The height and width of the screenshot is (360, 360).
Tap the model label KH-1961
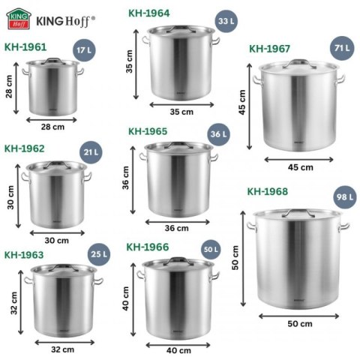tap(25, 46)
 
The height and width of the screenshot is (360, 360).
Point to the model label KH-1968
tap(265, 191)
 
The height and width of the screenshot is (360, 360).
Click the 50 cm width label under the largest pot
tap(299, 323)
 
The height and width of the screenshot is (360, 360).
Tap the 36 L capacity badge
tap(218, 135)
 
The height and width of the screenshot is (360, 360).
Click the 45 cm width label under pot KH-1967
tap(301, 166)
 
